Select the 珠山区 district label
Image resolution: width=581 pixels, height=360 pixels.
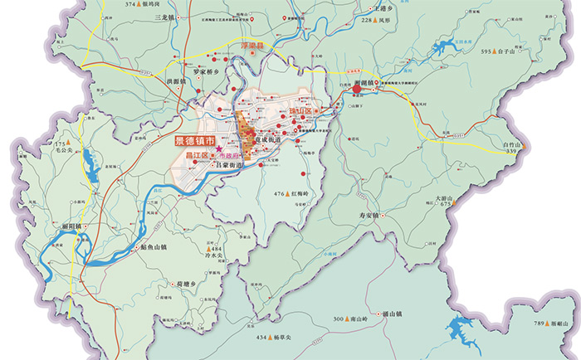[x=300, y=110]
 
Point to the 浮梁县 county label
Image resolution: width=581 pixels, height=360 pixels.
[x=251, y=47]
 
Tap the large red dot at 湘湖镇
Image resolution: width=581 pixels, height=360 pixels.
[x=358, y=85]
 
